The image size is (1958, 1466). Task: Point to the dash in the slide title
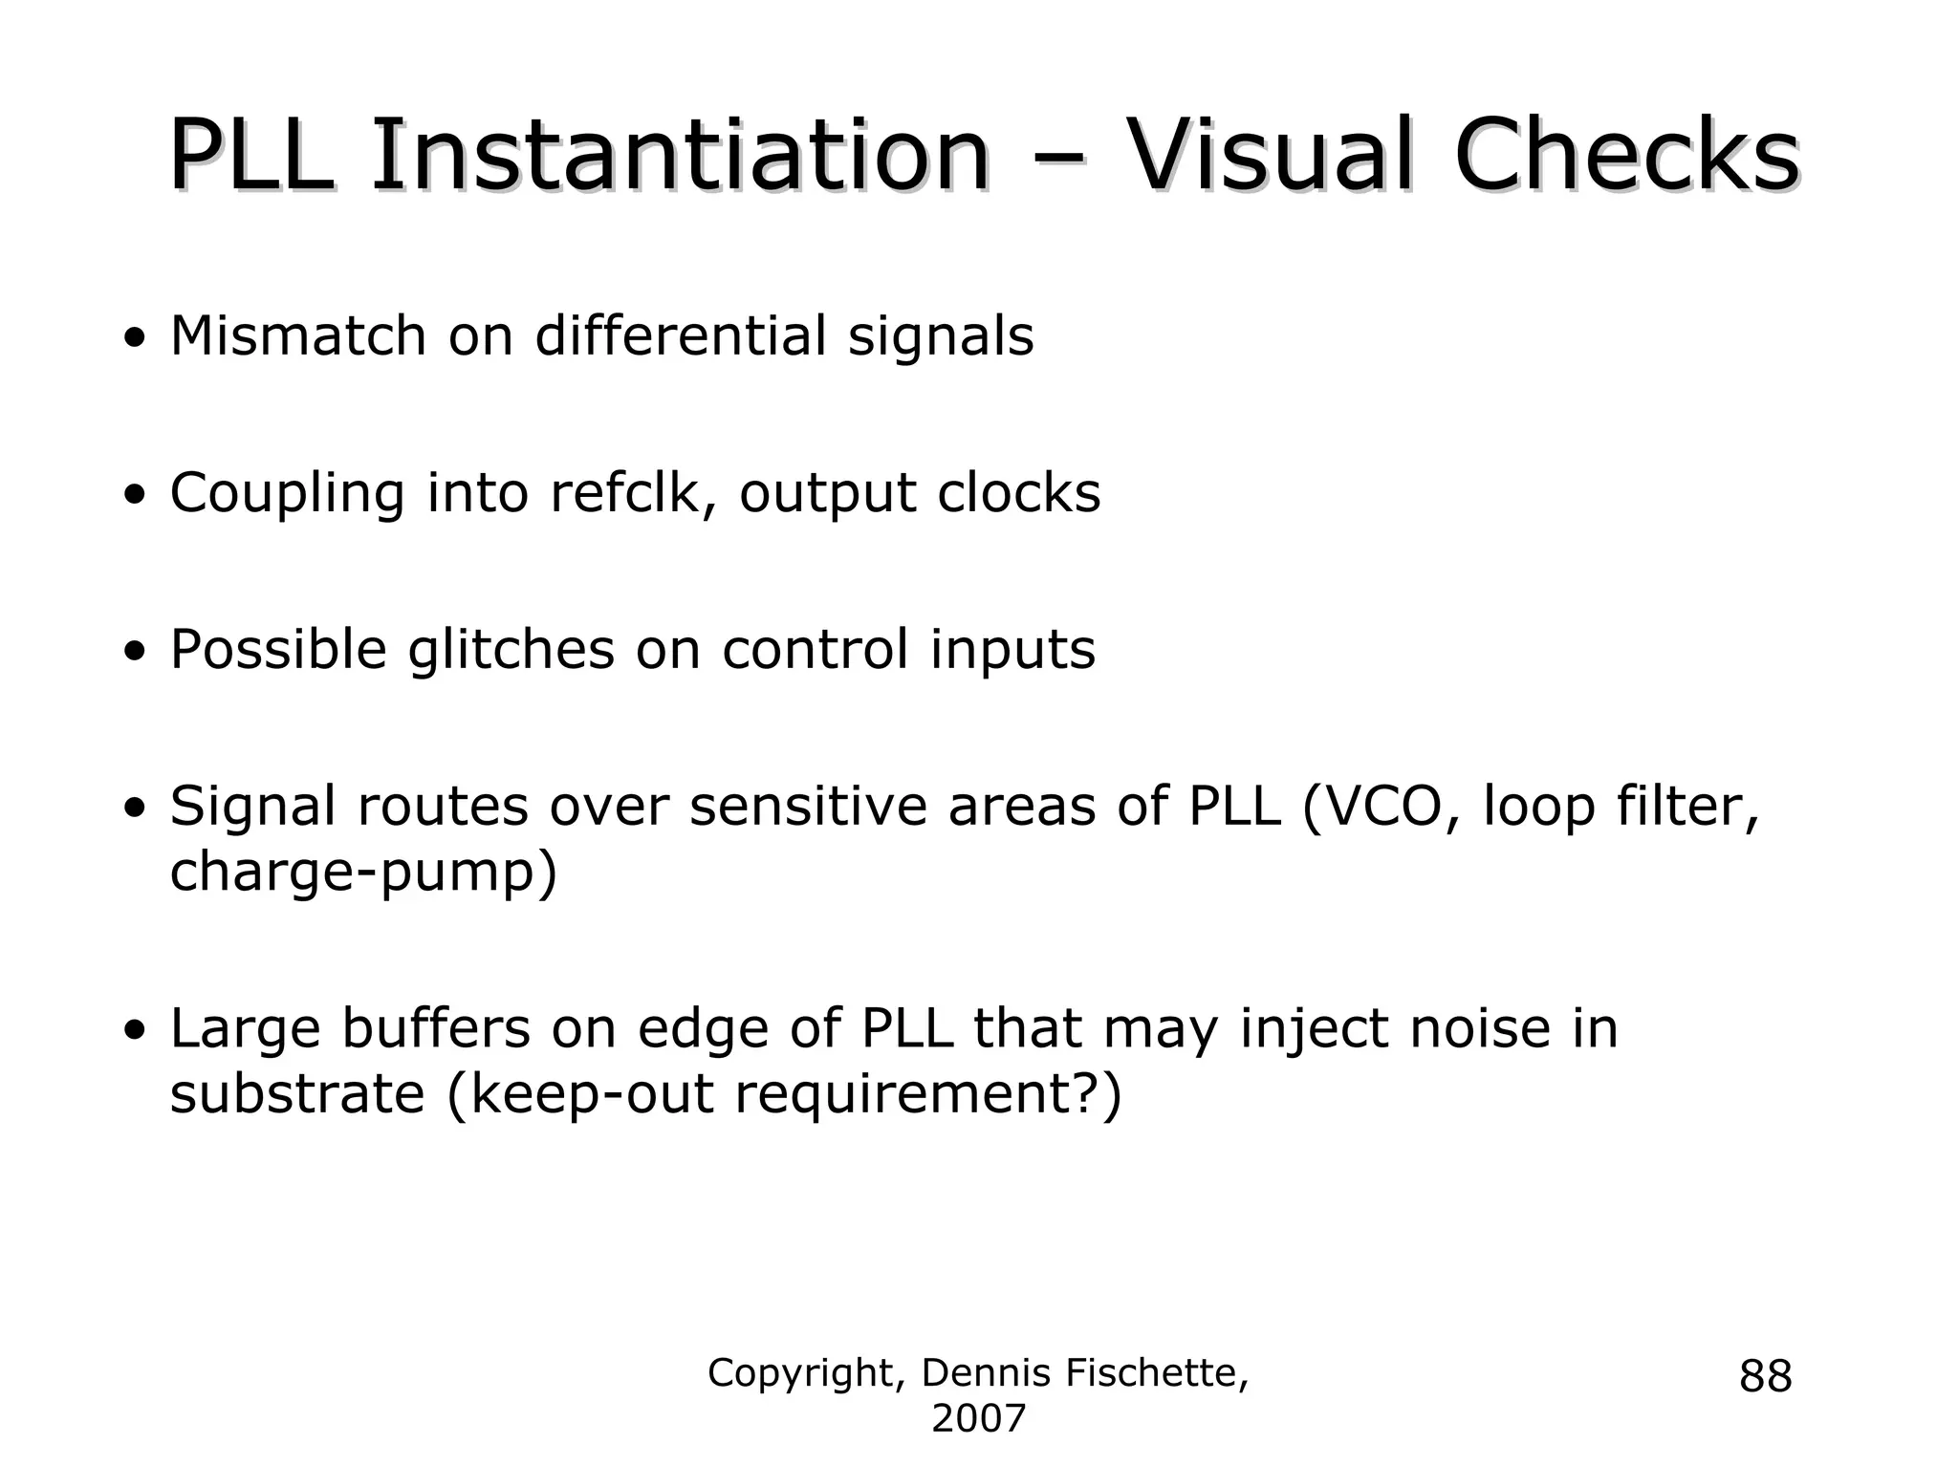click(1057, 162)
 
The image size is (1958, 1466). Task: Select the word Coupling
click(287, 494)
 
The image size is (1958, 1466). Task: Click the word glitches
click(511, 651)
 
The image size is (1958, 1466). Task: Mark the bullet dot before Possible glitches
click(136, 653)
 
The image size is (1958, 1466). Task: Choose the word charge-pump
click(362, 873)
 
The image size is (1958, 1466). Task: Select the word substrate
click(296, 1094)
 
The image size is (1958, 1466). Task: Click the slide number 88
click(1765, 1377)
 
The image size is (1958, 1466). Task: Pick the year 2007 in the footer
click(978, 1419)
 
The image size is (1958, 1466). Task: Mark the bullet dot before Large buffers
click(136, 1031)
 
